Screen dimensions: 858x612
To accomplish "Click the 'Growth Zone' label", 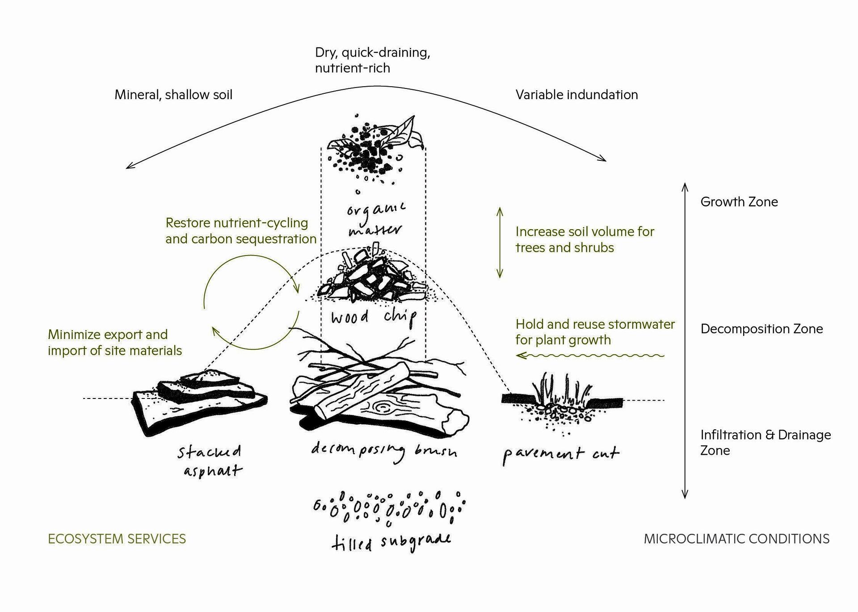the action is point(739,202).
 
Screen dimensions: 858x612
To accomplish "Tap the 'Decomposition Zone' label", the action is point(761,329).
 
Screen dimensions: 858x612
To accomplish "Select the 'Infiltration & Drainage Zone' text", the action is point(765,442).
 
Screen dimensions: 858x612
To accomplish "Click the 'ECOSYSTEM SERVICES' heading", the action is point(117,539).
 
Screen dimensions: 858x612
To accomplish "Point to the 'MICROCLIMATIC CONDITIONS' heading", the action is point(736,539).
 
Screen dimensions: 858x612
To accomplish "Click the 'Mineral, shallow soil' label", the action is point(173,95).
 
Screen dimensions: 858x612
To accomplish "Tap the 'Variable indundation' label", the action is point(576,95).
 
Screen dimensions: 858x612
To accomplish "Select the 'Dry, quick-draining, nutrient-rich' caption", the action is point(372,60).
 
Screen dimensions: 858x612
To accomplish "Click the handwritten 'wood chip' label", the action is point(374,318).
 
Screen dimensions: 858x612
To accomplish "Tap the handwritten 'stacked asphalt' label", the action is point(210,460).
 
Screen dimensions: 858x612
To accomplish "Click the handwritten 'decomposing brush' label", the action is point(384,450).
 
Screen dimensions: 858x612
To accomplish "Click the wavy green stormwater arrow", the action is point(590,356).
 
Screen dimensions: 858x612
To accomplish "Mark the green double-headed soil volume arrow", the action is point(500,243).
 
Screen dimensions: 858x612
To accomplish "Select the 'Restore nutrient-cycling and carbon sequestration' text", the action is point(241,231).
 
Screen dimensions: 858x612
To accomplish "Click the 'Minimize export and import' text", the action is point(115,343).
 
